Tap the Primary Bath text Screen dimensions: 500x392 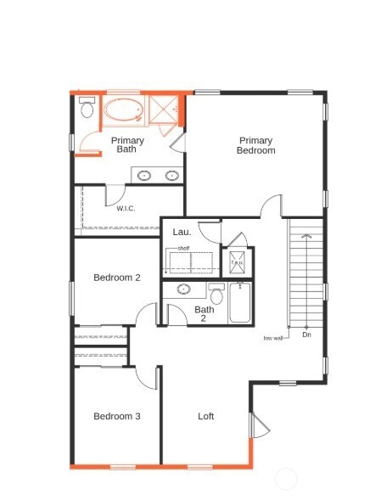[x=127, y=145]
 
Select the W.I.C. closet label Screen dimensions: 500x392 [x=126, y=208]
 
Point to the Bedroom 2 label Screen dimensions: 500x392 [x=117, y=278]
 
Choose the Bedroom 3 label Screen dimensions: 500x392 [x=117, y=416]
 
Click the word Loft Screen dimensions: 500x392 [x=206, y=416]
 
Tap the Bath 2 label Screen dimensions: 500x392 [x=204, y=314]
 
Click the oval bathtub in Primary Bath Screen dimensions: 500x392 [x=124, y=112]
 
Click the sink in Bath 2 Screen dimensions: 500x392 [x=184, y=289]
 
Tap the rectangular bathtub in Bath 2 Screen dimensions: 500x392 [x=240, y=303]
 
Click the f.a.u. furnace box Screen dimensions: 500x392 [x=238, y=261]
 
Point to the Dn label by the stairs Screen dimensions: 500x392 [x=306, y=335]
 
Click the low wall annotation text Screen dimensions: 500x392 [x=272, y=337]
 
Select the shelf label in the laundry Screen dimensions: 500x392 [x=183, y=248]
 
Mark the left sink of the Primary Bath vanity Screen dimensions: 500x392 [x=145, y=176]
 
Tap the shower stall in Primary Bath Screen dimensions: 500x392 [x=164, y=110]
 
